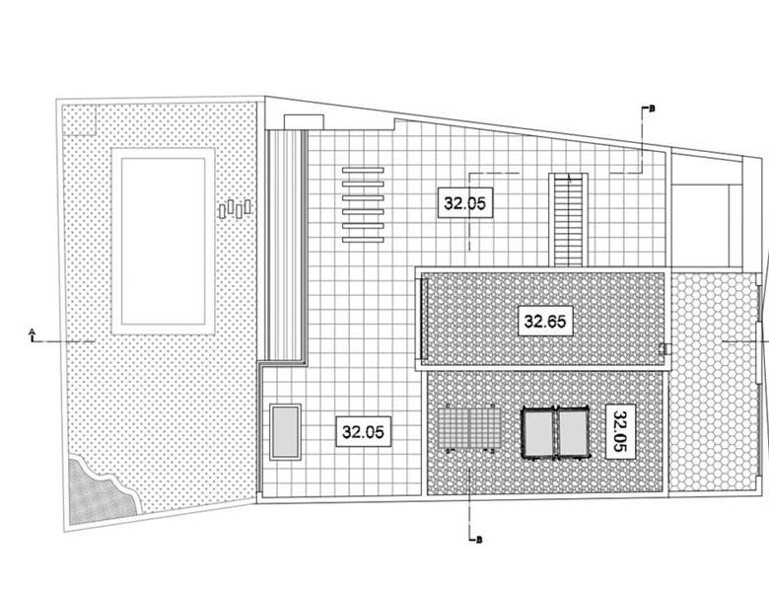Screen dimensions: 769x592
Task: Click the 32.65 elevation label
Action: tap(545, 321)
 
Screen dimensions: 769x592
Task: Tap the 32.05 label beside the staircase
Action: tap(465, 202)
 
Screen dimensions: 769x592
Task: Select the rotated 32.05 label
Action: tap(620, 431)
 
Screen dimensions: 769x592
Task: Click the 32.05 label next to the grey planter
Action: tap(364, 431)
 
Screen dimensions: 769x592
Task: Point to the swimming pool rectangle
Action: tap(164, 241)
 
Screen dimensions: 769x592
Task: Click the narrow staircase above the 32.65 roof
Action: tap(568, 220)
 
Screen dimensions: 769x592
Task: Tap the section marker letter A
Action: tap(32, 331)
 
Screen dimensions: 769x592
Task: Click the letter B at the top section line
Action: tap(652, 109)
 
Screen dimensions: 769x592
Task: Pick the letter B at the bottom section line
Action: tap(479, 540)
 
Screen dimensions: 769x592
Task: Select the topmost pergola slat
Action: tap(363, 170)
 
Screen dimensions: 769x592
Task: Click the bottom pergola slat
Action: tap(363, 240)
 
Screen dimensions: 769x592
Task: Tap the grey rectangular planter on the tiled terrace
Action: tap(286, 432)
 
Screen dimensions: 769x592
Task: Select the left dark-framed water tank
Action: tap(538, 433)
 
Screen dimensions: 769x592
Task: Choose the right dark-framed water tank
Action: tap(573, 433)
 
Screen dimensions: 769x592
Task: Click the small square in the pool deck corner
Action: tap(80, 120)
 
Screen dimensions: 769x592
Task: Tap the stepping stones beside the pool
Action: tap(235, 208)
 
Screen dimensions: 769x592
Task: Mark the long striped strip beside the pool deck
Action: tap(287, 246)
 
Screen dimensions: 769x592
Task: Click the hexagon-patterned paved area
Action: tap(713, 382)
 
